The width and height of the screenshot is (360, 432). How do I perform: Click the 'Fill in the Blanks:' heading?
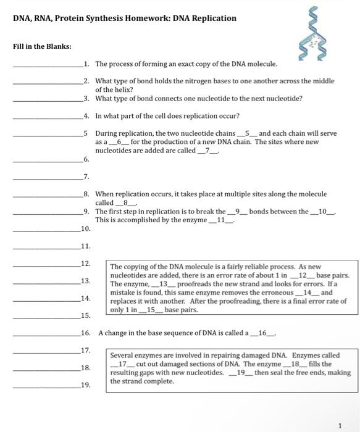(41, 46)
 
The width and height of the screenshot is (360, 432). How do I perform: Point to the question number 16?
(86, 333)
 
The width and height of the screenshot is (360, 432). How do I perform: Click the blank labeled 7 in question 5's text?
(209, 151)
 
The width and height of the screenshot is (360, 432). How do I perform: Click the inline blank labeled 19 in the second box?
(241, 373)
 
